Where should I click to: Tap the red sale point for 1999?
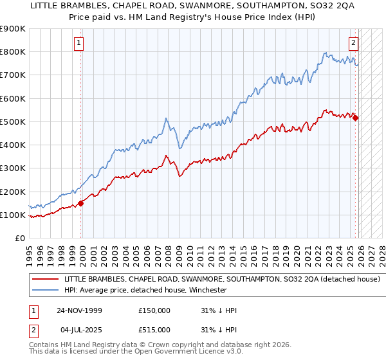tap(81, 203)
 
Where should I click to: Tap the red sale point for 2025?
tap(355, 118)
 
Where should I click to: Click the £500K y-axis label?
tap(13, 122)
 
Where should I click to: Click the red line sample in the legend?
tap(46, 280)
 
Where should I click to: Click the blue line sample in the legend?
tap(46, 290)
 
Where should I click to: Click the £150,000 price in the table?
tap(154, 310)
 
